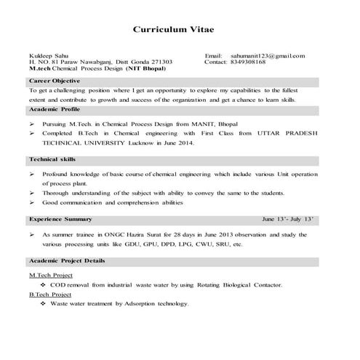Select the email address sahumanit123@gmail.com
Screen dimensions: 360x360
pos(268,56)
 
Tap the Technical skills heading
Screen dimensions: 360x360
pos(52,159)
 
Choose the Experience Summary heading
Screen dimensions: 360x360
pos(60,218)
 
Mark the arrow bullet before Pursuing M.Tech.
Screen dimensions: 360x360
pos(32,125)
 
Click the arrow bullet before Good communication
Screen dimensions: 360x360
pos(32,202)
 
